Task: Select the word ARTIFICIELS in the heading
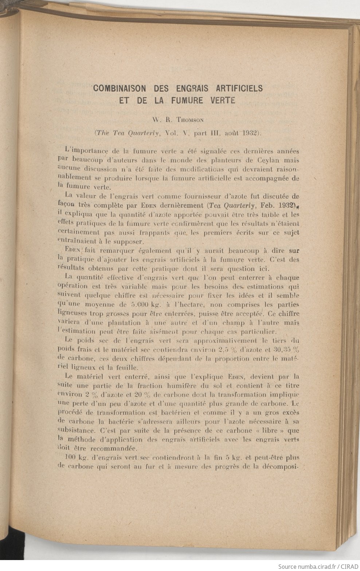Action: pos(239,89)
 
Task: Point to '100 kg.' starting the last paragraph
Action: pos(75,458)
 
